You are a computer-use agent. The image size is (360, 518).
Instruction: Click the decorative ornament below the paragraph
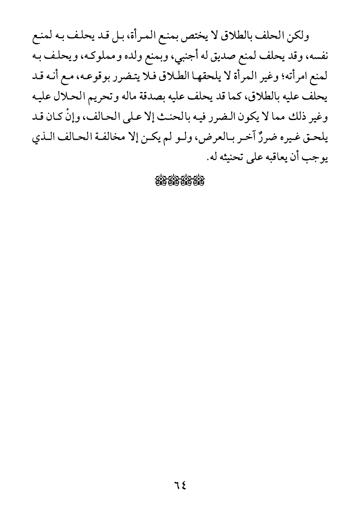180,181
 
